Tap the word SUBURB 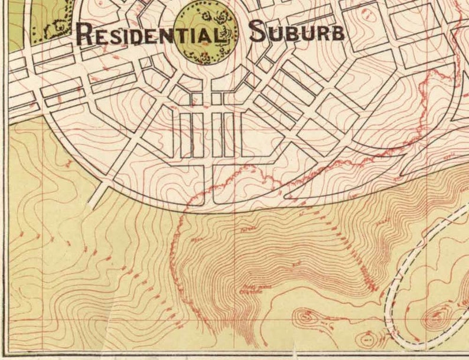coord(297,32)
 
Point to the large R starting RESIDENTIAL coord(86,34)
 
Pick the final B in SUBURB coord(338,33)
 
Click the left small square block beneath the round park coord(197,99)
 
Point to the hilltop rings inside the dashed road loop coord(437,318)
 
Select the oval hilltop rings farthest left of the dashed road coord(305,316)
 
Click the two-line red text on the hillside coord(249,289)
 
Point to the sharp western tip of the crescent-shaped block coord(285,195)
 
